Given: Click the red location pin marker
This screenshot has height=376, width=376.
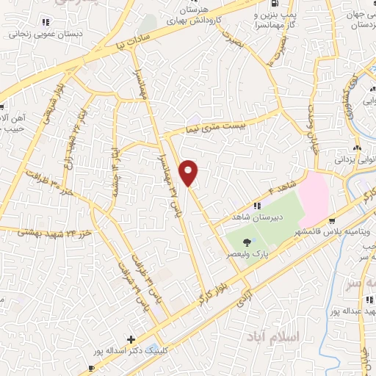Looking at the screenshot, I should click(x=189, y=172).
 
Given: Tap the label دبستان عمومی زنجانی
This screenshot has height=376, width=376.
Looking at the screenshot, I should click(x=44, y=32).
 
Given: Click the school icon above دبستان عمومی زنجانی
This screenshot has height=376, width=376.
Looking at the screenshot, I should click(x=44, y=22).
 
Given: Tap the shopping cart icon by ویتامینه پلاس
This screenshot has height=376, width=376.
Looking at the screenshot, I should click(x=333, y=220).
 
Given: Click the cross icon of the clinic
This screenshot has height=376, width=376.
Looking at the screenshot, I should click(x=131, y=339).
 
